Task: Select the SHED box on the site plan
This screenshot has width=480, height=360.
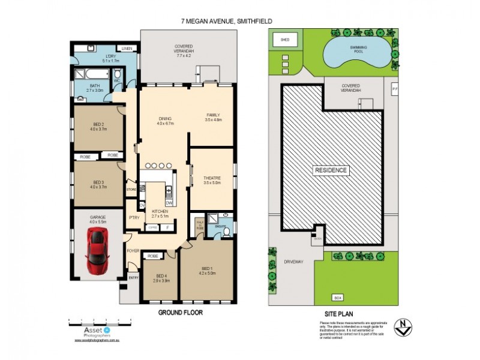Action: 285,41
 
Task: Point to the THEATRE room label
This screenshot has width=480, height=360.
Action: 213,179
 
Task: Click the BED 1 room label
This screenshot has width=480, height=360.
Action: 206,269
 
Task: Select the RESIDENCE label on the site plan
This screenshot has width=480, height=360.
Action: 331,170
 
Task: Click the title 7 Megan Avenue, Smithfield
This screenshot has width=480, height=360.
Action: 227,21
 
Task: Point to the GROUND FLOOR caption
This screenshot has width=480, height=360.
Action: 179,313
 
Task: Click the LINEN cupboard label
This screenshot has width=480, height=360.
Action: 127,48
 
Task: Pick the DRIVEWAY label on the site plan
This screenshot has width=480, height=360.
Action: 294,262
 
